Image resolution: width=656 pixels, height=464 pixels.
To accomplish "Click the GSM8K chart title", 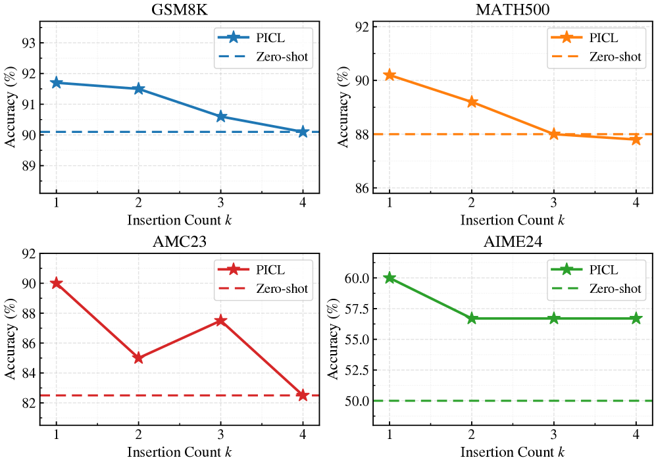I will tap(179, 10).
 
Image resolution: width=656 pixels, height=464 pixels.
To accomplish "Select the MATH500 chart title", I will tap(513, 10).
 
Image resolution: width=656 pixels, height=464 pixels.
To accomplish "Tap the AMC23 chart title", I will tap(179, 242).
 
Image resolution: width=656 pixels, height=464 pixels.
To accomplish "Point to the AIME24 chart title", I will tap(513, 242).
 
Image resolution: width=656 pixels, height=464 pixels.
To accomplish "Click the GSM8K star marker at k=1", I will tap(56, 83).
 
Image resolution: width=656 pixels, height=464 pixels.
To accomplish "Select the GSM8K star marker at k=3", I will tap(220, 116).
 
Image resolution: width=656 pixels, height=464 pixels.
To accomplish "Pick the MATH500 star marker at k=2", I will tap(472, 102).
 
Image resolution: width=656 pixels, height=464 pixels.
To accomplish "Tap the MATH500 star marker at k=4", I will tap(636, 140).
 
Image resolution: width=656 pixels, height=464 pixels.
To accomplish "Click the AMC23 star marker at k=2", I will tap(138, 358).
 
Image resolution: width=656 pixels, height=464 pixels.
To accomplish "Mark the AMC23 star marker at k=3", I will tap(220, 321).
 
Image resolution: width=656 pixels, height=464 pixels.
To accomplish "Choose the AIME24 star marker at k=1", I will tap(390, 278).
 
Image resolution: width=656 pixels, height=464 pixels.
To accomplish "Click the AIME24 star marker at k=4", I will tap(636, 319).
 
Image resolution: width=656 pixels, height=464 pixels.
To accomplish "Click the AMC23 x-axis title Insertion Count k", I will tap(179, 453).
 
